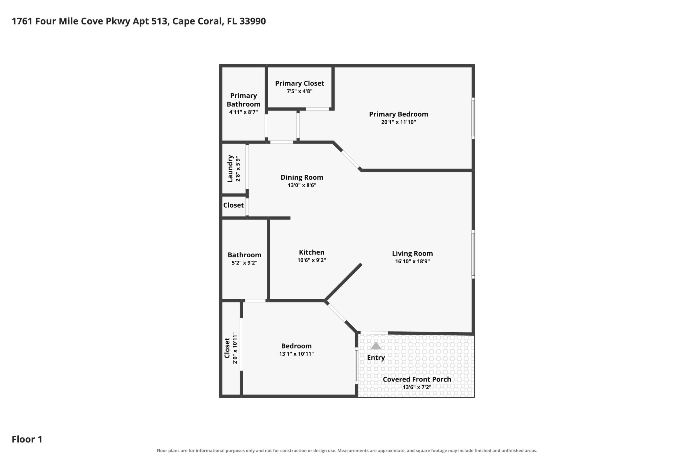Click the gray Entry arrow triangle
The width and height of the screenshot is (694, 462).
coord(376,346)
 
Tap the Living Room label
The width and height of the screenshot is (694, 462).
coord(412,253)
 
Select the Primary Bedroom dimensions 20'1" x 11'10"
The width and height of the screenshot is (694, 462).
coord(398,122)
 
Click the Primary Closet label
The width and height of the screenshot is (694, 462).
coord(299,83)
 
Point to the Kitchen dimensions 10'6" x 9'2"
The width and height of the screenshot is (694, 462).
coord(312,260)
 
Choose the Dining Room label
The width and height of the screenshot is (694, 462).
coord(302,177)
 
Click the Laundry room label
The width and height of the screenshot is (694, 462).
coord(230,169)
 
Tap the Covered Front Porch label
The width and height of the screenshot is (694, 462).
coord(417,379)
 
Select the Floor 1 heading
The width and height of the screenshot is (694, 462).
coord(27,439)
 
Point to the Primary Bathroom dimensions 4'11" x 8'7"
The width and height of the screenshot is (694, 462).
coord(244,112)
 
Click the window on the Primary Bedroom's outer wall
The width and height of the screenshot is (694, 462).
coord(473,119)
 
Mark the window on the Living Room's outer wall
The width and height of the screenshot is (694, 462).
coord(473,254)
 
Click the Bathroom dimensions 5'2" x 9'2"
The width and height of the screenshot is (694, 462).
coord(244,263)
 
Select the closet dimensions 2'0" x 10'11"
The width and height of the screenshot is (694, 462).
coord(235,348)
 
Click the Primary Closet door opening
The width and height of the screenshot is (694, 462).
coord(317,109)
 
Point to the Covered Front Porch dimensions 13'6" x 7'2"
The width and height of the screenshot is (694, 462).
coord(417,387)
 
